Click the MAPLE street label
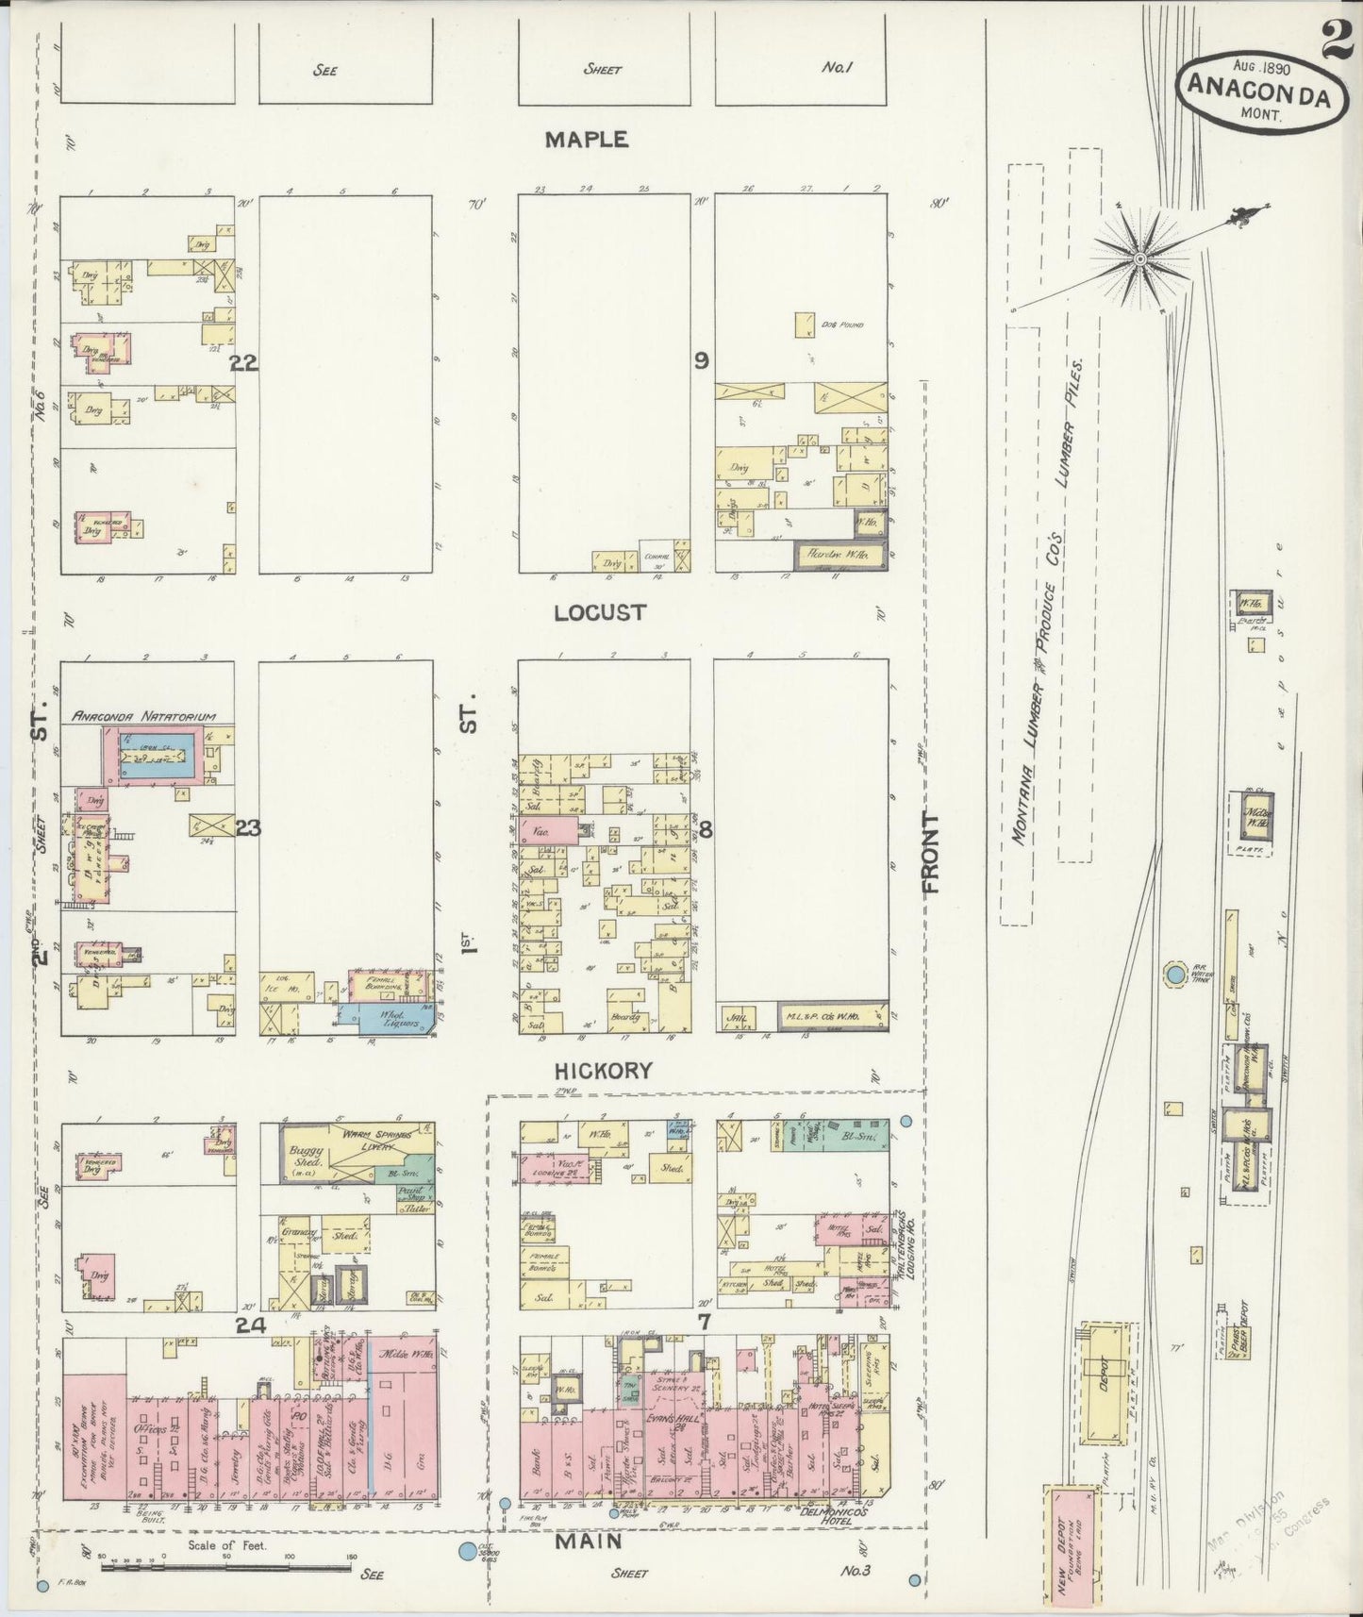coord(586,140)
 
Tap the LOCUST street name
coord(599,612)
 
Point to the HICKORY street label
coord(603,1071)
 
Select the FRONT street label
coord(932,853)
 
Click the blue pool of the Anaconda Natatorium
coord(158,755)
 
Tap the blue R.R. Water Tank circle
coord(1174,974)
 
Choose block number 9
coord(702,359)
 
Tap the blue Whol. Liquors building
coord(385,1018)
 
